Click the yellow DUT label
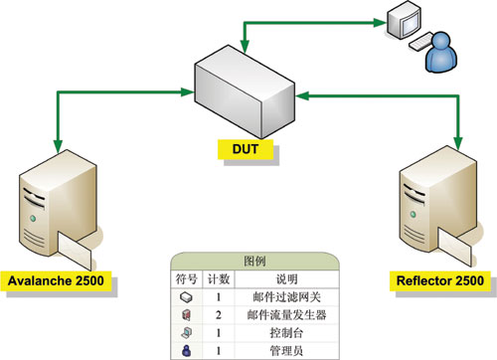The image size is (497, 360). click(246, 149)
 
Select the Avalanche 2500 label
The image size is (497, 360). click(56, 280)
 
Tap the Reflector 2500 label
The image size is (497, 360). click(440, 280)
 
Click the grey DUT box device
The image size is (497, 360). click(245, 91)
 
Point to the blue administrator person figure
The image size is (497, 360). click(441, 52)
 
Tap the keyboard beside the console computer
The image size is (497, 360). click(420, 41)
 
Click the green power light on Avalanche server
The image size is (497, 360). click(33, 219)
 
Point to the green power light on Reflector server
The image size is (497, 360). click(413, 214)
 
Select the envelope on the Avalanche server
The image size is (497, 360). click(75, 251)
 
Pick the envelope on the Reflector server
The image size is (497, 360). click(454, 247)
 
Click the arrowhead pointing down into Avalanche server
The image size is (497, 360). click(58, 146)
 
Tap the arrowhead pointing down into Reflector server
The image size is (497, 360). click(458, 143)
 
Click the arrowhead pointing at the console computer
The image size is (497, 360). click(380, 23)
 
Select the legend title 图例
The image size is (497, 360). click(254, 262)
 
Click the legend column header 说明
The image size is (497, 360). click(286, 279)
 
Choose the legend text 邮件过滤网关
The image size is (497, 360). click(286, 297)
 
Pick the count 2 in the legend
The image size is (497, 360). click(219, 314)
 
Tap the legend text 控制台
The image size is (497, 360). click(286, 332)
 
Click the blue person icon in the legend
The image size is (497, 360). click(187, 350)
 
